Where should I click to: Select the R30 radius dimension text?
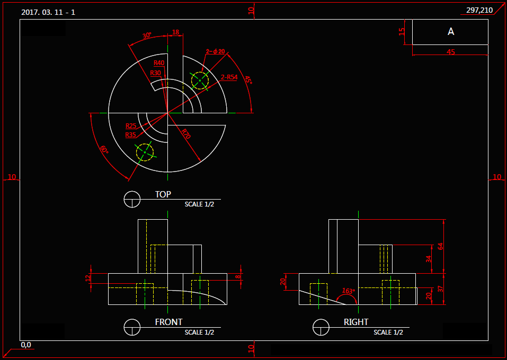(x=156, y=73)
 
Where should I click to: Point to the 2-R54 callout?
(x=229, y=77)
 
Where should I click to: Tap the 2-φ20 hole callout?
(x=216, y=51)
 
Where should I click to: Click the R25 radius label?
(x=131, y=125)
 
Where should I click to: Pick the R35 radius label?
(x=131, y=135)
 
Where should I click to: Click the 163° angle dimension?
(x=349, y=291)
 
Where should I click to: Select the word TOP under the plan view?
(x=163, y=194)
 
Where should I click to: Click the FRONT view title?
(x=168, y=322)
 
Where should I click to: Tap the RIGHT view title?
(x=356, y=322)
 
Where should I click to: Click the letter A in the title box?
(x=451, y=32)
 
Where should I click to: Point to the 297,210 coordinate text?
(x=479, y=10)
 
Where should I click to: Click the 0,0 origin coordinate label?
(x=26, y=345)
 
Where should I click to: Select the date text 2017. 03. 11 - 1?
(x=48, y=12)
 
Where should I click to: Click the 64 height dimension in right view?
(x=440, y=246)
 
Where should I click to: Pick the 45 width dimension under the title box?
(x=451, y=52)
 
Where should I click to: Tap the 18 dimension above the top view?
(x=176, y=32)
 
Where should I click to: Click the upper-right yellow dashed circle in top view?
(x=200, y=80)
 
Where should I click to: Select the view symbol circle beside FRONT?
(x=131, y=328)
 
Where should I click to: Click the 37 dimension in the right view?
(x=440, y=289)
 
